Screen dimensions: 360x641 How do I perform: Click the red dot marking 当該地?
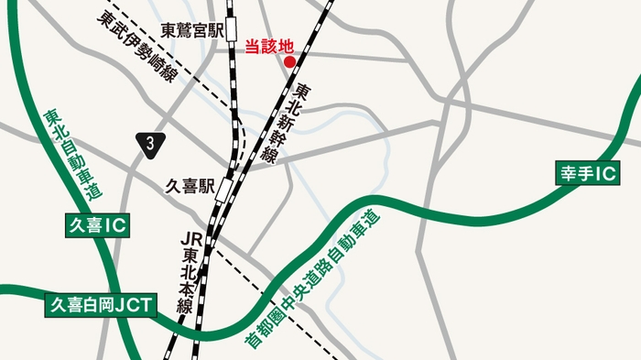click(x=289, y=62)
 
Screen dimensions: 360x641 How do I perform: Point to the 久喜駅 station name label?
click(x=188, y=188)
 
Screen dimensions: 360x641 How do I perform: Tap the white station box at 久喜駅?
click(x=225, y=189)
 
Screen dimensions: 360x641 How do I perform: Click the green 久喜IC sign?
click(x=96, y=224)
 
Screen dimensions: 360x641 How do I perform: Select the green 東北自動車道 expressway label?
click(x=72, y=154)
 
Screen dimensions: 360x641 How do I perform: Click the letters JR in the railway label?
click(x=190, y=238)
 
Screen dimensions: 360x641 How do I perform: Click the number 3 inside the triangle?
click(x=149, y=143)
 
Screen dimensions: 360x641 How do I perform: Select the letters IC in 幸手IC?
click(x=607, y=172)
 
